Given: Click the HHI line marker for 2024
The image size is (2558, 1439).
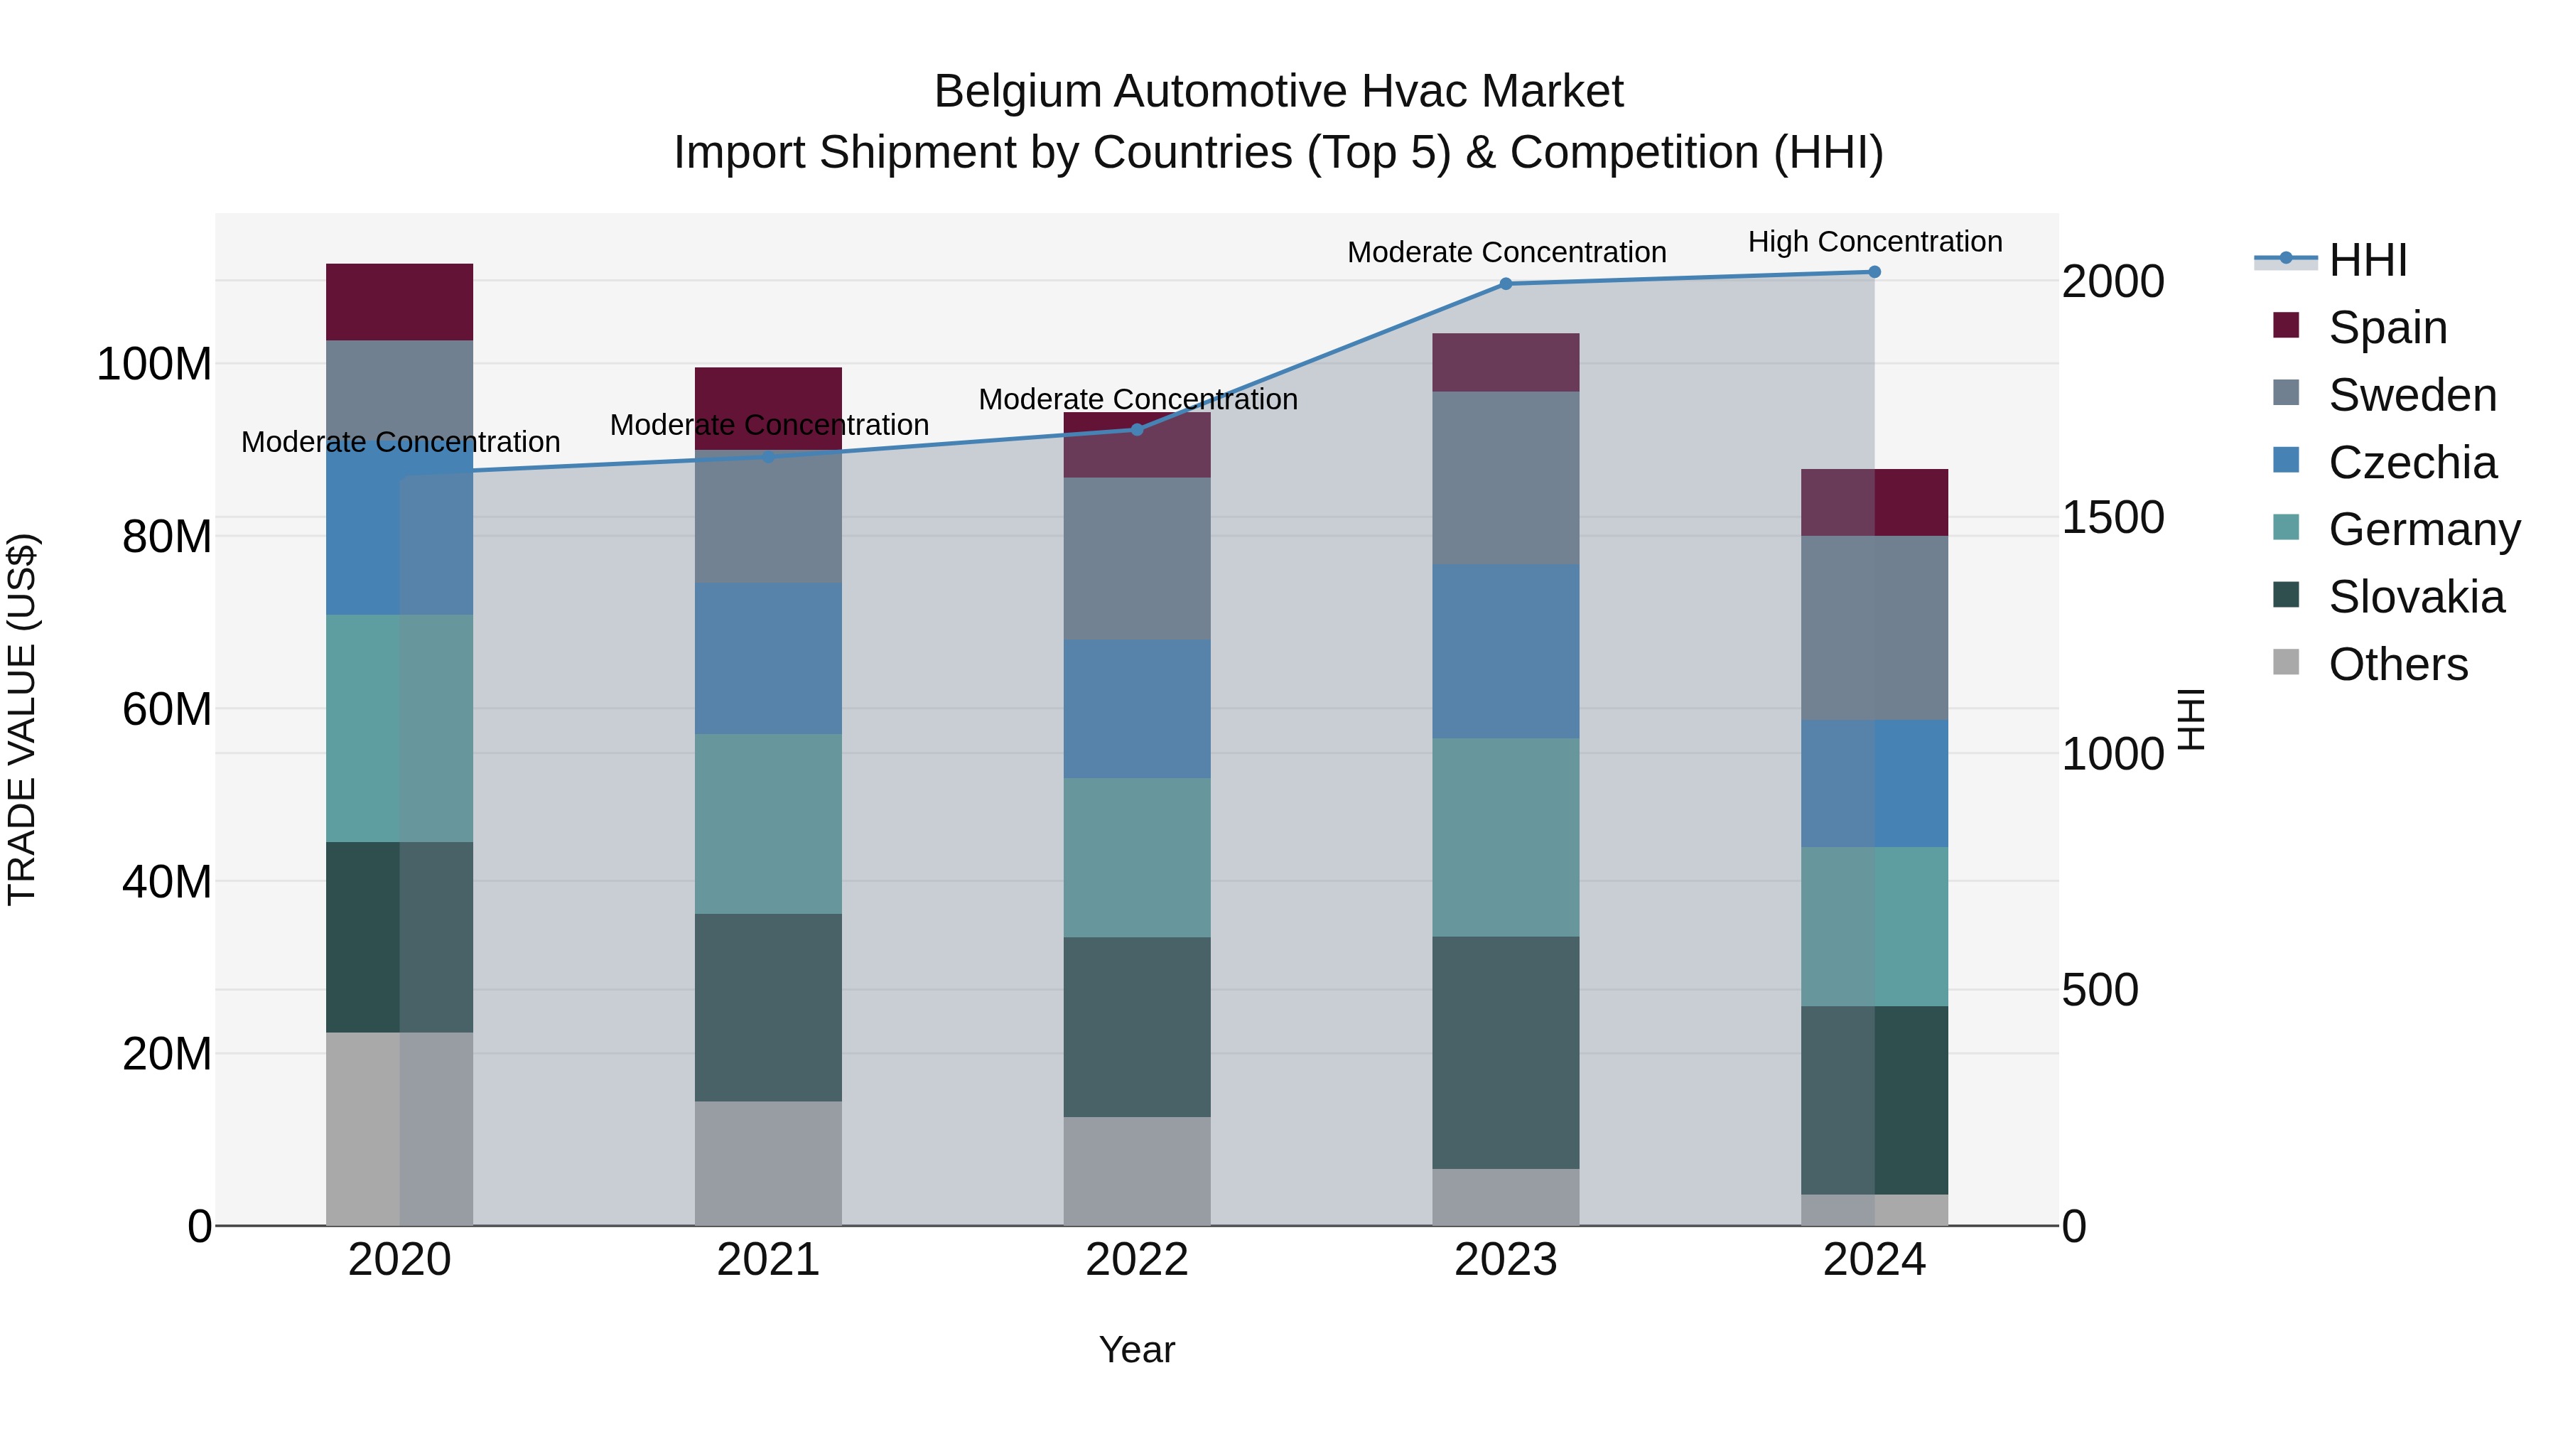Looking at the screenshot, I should click(1874, 272).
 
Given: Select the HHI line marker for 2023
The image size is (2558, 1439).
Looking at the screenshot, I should click(1506, 284).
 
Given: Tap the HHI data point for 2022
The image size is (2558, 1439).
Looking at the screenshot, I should click(1137, 430).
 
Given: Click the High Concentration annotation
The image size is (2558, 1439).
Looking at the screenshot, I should click(1874, 242).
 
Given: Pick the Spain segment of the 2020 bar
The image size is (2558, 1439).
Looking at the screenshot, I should click(399, 302).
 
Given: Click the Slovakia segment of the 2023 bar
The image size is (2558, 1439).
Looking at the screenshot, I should click(1506, 1052).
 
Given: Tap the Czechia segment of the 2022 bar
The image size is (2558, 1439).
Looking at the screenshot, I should click(1137, 709).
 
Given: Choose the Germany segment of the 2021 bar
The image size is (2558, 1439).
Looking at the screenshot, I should click(767, 824).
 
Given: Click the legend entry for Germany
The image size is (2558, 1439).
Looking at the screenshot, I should click(2423, 530).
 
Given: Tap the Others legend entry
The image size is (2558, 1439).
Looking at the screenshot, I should click(2397, 664).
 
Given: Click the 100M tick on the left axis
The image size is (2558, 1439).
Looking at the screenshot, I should click(154, 365).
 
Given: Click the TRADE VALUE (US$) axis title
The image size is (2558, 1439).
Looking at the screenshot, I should click(23, 719).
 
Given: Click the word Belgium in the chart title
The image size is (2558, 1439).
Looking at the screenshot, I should click(1017, 92).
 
